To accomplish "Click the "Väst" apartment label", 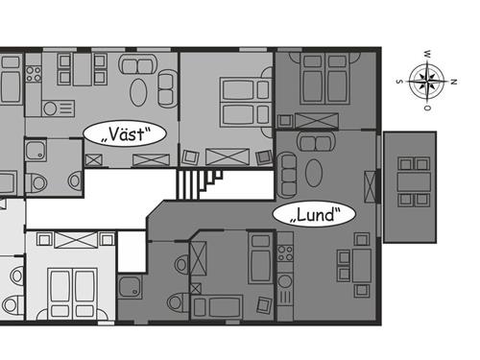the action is pyautogui.click(x=125, y=133).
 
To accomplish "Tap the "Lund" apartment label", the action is pyautogui.click(x=314, y=214).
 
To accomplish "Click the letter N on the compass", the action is pyautogui.click(x=453, y=82).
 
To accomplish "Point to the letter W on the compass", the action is pyautogui.click(x=426, y=54).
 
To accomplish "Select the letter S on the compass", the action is pyautogui.click(x=399, y=82).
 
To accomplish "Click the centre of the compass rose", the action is pyautogui.click(x=427, y=81).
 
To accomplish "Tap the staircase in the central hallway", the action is pyautogui.click(x=199, y=184).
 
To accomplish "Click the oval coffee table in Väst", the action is pyautogui.click(x=138, y=92).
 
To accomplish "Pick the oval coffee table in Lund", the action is pyautogui.click(x=314, y=173).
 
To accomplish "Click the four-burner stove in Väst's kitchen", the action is pyautogui.click(x=34, y=74).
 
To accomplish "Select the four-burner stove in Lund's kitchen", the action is pyautogui.click(x=285, y=253).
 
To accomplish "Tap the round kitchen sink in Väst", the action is pyautogui.click(x=50, y=108).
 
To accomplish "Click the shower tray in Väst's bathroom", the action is pyautogui.click(x=36, y=150).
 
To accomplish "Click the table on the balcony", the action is pyautogui.click(x=414, y=182).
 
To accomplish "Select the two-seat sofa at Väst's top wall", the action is pyautogui.click(x=138, y=64).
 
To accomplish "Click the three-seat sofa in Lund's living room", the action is pyautogui.click(x=287, y=175).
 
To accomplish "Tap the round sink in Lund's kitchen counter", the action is pyautogui.click(x=284, y=282).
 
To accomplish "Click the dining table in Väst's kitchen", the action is pyautogui.click(x=83, y=69).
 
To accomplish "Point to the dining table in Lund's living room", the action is pyautogui.click(x=362, y=266).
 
